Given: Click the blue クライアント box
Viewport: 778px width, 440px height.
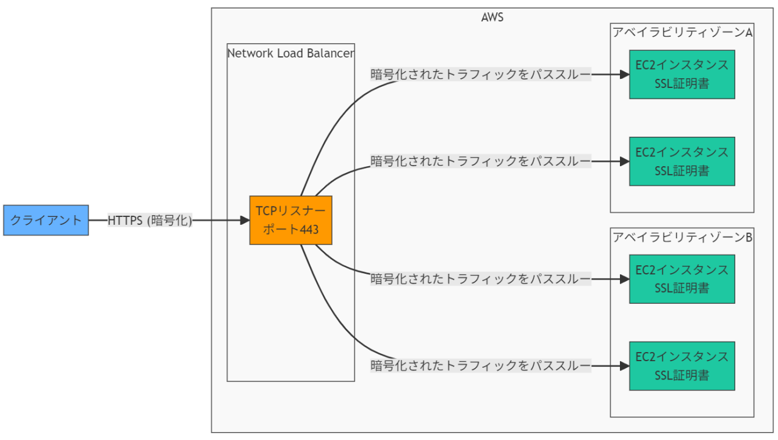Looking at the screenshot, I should pyautogui.click(x=46, y=220).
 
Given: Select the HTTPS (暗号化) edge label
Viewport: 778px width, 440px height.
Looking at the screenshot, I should pyautogui.click(x=150, y=221).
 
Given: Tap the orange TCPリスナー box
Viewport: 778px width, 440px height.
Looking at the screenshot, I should pyautogui.click(x=290, y=220).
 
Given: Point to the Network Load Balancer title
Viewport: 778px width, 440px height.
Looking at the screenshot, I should pyautogui.click(x=290, y=53).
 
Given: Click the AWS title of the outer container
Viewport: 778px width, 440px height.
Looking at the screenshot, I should pyautogui.click(x=492, y=17).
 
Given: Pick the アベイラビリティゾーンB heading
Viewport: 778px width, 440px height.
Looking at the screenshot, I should pyautogui.click(x=682, y=237).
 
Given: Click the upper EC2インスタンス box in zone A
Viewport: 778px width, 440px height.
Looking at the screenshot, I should pyautogui.click(x=682, y=75).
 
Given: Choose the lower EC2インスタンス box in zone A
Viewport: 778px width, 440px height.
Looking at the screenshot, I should pyautogui.click(x=682, y=161).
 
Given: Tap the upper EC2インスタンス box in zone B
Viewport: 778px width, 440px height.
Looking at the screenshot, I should pyautogui.click(x=682, y=279).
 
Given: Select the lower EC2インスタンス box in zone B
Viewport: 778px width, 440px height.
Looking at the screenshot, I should pyautogui.click(x=682, y=366).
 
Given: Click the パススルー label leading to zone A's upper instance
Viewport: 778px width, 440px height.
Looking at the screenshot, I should pyautogui.click(x=481, y=75).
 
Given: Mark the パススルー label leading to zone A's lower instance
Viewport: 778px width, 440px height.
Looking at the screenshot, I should pyautogui.click(x=481, y=161).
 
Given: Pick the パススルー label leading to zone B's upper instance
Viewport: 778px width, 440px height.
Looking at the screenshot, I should pyautogui.click(x=481, y=279).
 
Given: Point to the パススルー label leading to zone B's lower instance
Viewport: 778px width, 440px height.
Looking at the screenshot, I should pyautogui.click(x=481, y=366).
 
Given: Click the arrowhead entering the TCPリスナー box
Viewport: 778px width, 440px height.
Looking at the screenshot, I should pyautogui.click(x=245, y=220).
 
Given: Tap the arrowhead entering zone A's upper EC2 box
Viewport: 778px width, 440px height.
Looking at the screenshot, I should pyautogui.click(x=625, y=75).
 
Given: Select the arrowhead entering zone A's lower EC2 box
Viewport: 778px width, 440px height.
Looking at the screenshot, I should pyautogui.click(x=625, y=161).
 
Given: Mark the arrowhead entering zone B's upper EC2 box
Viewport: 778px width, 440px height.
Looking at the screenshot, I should pyautogui.click(x=625, y=279).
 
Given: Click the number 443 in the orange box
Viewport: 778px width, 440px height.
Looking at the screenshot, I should pyautogui.click(x=309, y=230).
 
